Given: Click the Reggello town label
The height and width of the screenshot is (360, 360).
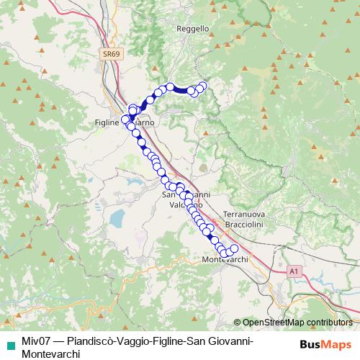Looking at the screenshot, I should [x=192, y=29].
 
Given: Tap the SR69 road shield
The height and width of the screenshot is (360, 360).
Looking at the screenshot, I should [x=109, y=53].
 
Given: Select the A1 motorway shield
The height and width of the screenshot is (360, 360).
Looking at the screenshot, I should [x=293, y=271].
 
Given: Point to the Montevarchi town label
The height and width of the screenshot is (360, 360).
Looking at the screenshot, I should [x=225, y=259].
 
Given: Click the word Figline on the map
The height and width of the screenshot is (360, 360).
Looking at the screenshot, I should [x=107, y=123].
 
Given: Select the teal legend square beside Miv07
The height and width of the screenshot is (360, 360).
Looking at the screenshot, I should [x=9, y=341].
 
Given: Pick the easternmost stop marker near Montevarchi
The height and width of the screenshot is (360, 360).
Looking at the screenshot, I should [x=233, y=249].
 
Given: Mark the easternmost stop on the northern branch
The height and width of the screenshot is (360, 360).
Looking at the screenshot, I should [x=203, y=86].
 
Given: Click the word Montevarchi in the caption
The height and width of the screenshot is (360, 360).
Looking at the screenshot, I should [x=51, y=354].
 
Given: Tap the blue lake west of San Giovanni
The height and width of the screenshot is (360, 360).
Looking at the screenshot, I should [x=117, y=217].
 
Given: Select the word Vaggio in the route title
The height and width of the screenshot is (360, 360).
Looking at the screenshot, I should [x=138, y=341].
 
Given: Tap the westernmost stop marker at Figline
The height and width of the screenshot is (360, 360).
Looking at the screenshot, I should [x=125, y=119].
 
